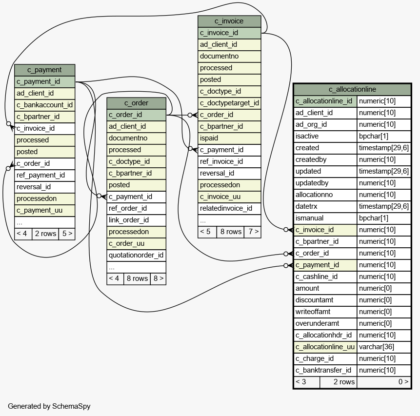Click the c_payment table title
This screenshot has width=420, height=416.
(44, 70)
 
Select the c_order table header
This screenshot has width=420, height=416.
(136, 103)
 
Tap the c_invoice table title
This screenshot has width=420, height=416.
(229, 21)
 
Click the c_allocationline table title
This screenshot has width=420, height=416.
(352, 89)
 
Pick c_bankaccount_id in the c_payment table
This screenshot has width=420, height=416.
(44, 105)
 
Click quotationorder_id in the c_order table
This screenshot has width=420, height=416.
(136, 255)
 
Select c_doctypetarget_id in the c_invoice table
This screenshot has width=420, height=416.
(229, 103)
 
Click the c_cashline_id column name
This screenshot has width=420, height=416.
(316, 277)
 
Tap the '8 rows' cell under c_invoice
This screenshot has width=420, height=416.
(231, 232)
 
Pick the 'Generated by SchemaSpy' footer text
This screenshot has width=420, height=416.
(49, 406)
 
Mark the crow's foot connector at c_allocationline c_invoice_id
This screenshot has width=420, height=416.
(288, 230)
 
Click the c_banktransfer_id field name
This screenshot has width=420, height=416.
(323, 370)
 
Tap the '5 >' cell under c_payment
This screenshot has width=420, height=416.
(67, 234)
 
